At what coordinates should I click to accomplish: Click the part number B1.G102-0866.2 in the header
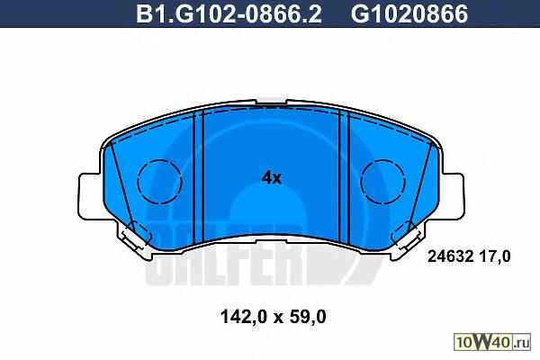[x=229, y=13]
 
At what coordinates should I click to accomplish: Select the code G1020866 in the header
[x=409, y=13]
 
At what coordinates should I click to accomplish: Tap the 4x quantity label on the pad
[x=272, y=178]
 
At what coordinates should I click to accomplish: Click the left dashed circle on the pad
[x=159, y=181]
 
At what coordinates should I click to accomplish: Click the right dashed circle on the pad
[x=383, y=181]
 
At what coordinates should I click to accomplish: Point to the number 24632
[x=450, y=256]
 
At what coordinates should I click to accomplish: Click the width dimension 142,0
[x=243, y=317]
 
